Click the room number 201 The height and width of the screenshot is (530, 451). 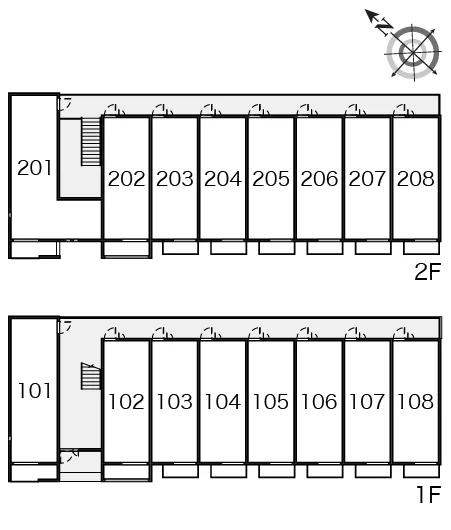point(34,168)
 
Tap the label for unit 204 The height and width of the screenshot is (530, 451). point(223,178)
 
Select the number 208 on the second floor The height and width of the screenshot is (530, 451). point(416,178)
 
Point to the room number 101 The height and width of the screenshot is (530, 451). point(34,391)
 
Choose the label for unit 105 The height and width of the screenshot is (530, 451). point(271,402)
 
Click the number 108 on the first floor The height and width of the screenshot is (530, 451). point(416,402)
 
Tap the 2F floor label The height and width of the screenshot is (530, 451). point(428,271)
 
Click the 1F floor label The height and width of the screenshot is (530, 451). point(429,495)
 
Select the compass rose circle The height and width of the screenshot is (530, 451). point(413,53)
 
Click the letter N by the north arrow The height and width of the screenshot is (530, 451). point(385,27)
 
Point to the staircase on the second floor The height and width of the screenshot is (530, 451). point(91,141)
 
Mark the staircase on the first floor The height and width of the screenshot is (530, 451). point(91,376)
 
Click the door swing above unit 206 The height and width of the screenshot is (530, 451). point(308,110)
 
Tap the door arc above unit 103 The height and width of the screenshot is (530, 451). point(163,333)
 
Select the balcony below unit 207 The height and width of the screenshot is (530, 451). point(373,247)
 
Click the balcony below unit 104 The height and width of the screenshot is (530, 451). point(229,471)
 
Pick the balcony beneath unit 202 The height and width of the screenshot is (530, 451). point(126,249)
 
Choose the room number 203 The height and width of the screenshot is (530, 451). point(175,178)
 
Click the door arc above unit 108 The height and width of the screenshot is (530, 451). point(404,333)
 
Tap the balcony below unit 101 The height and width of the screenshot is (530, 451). point(34,472)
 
